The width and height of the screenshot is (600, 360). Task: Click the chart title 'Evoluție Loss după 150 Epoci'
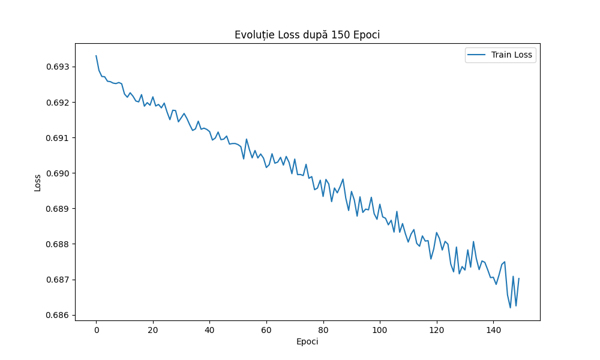point(307,35)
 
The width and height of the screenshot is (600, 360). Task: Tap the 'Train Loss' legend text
point(512,55)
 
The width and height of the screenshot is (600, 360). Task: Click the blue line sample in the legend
point(478,55)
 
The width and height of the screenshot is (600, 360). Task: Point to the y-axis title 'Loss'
point(38,182)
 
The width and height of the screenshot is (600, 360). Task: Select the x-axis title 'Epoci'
point(307,341)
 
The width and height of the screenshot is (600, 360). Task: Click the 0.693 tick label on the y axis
point(58,67)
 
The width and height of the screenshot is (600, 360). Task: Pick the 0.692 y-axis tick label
point(58,103)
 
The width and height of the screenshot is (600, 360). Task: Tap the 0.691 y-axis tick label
point(58,138)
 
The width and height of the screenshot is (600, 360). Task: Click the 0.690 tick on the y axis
point(58,173)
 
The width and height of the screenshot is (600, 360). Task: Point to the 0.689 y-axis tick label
point(58,209)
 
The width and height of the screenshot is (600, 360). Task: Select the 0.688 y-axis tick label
point(58,244)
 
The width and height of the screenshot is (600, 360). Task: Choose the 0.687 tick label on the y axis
point(58,280)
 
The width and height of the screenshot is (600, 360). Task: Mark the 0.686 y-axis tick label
point(58,315)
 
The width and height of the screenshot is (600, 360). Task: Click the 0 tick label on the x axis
point(96,330)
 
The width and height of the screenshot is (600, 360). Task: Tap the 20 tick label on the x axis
point(153,330)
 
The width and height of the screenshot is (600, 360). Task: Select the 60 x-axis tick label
point(266,330)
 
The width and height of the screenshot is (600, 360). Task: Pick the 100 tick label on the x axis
point(380,330)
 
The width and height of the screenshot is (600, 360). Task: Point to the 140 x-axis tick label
point(493,330)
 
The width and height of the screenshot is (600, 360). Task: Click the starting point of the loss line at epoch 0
point(96,56)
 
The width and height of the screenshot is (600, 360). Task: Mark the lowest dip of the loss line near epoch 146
point(510,308)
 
